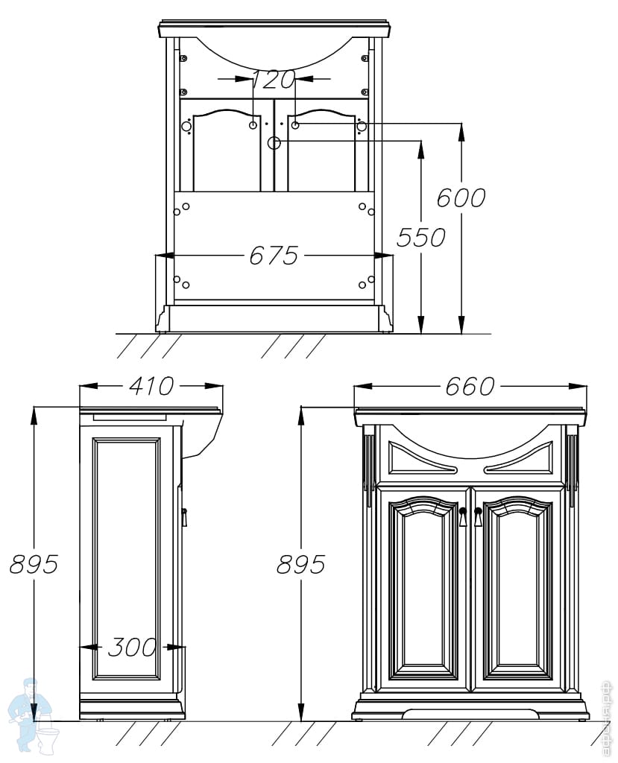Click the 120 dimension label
[274, 78]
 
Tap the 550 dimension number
[420, 238]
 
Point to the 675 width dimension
[273, 256]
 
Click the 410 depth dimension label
[151, 386]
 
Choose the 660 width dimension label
[470, 387]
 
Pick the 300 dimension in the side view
[132, 648]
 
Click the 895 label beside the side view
[34, 564]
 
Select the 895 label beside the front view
[300, 565]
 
